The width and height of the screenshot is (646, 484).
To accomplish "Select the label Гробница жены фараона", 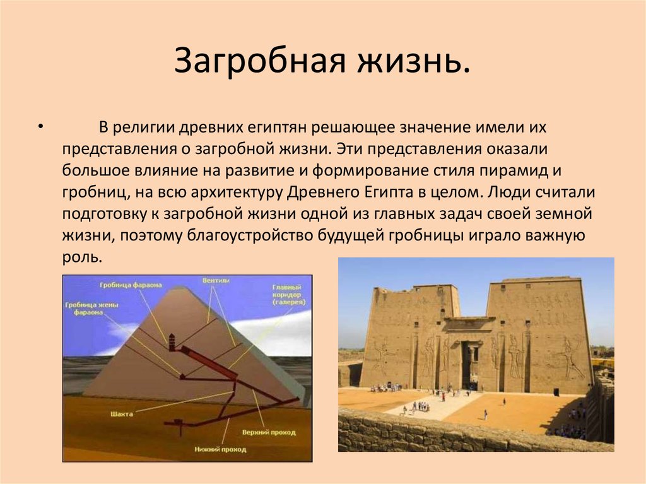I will point(86,307).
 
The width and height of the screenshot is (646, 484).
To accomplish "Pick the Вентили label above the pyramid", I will point(215,280).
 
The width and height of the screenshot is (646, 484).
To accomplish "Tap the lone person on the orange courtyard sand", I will point(485,415).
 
